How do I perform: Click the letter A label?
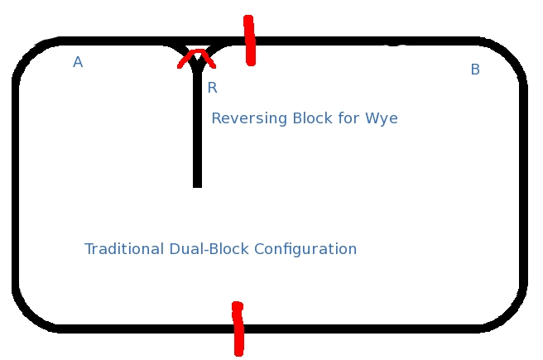[x=78, y=62]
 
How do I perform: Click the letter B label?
[x=475, y=70]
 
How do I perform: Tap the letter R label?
[x=212, y=88]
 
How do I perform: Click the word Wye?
[x=382, y=118]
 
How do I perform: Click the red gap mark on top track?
[x=249, y=40]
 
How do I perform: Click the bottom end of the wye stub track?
[x=197, y=183]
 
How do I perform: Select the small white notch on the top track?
[x=397, y=45]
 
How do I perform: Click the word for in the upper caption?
[x=348, y=118]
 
